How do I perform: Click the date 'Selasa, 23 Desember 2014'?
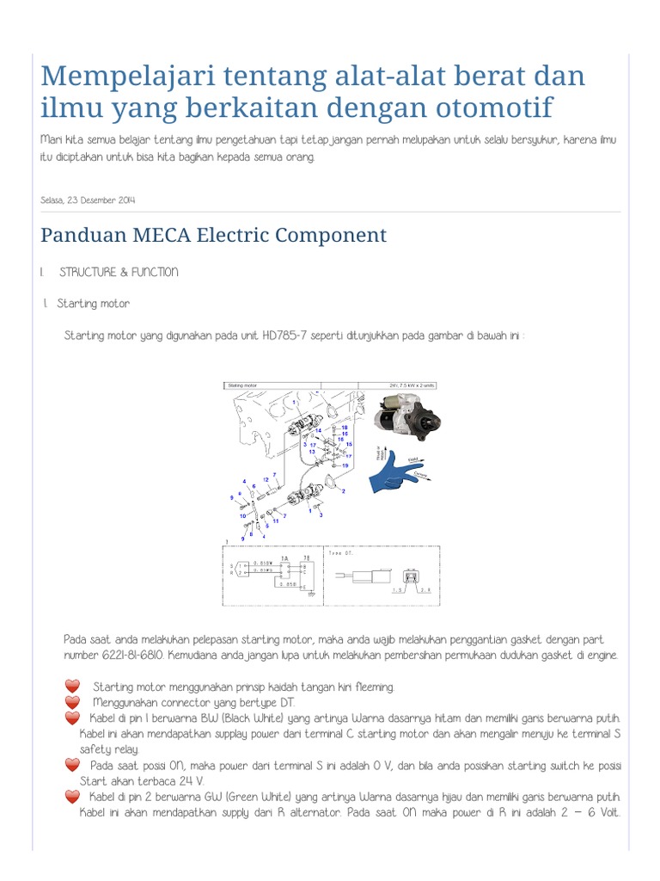88,200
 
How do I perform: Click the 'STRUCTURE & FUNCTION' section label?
119,272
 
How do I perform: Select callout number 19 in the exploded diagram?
345,465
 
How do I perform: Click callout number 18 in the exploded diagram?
345,428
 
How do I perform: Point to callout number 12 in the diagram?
266,479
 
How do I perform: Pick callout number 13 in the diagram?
312,451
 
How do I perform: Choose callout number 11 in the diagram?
276,521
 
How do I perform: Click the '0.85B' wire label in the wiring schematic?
289,583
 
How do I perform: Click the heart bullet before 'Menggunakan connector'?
72,702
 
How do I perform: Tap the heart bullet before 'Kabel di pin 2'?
72,797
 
